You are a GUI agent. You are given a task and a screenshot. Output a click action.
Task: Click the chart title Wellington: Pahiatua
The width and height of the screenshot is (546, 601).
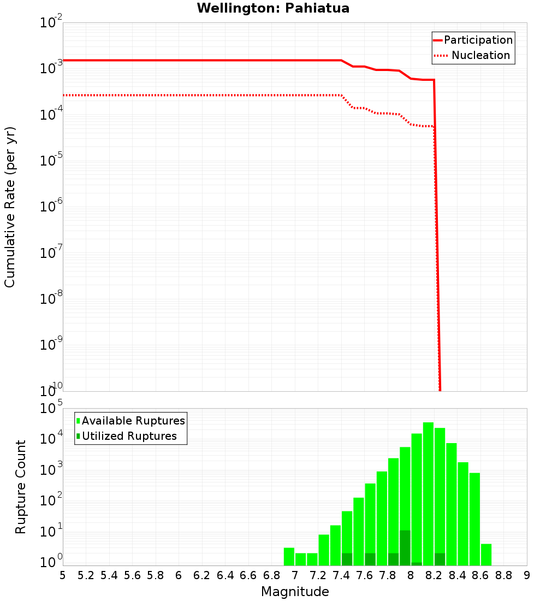tap(273, 8)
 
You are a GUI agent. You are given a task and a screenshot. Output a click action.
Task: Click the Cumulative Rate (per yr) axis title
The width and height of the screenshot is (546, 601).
tap(10, 207)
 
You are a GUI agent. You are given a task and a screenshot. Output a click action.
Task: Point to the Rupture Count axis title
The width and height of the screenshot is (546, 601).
tap(21, 487)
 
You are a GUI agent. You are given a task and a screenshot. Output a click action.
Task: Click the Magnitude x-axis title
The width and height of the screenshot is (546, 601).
tap(295, 592)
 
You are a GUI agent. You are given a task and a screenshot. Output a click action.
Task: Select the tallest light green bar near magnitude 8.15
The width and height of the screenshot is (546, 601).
tap(428, 492)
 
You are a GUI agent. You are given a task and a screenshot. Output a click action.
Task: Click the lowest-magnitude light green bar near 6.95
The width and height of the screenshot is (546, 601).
tap(289, 556)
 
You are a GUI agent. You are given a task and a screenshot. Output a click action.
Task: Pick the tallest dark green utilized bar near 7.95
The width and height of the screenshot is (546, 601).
tap(405, 547)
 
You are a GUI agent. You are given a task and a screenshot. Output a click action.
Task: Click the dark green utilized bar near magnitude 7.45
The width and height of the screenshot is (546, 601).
tap(347, 559)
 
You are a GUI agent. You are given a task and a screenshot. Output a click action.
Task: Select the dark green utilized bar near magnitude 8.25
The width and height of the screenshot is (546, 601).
tap(440, 559)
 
